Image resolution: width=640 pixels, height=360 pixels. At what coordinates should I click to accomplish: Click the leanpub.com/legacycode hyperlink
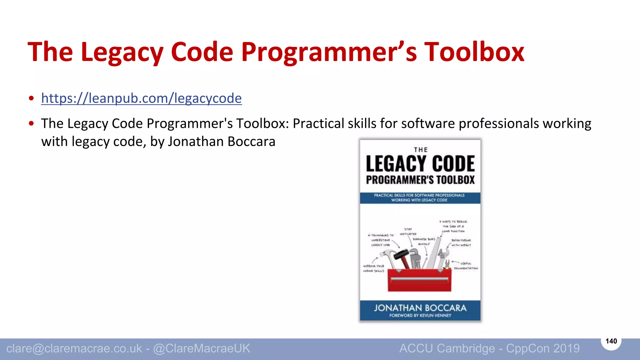click(141, 98)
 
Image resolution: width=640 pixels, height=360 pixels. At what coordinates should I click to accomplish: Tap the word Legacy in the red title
click(122, 52)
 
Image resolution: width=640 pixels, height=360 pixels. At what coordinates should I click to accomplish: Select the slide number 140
click(611, 341)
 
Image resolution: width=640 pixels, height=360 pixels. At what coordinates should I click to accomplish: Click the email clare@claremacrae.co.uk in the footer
click(74, 348)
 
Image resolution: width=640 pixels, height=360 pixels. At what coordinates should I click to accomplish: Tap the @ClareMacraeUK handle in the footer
click(202, 348)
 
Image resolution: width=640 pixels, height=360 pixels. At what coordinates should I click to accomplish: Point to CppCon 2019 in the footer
click(543, 348)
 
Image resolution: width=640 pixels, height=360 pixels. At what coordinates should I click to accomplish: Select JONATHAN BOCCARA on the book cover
click(420, 308)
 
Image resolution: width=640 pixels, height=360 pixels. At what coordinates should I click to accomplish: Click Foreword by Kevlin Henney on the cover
click(420, 316)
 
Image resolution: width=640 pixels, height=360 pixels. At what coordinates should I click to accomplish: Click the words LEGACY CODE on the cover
click(420, 164)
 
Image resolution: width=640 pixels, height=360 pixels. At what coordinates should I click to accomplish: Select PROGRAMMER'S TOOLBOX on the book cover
click(420, 180)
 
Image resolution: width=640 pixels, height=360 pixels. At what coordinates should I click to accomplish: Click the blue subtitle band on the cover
click(420, 198)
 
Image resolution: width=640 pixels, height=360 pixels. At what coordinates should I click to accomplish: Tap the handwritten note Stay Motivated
click(408, 232)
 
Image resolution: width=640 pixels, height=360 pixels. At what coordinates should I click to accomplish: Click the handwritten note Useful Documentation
click(466, 266)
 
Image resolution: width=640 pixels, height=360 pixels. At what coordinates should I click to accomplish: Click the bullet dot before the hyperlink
click(31, 98)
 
